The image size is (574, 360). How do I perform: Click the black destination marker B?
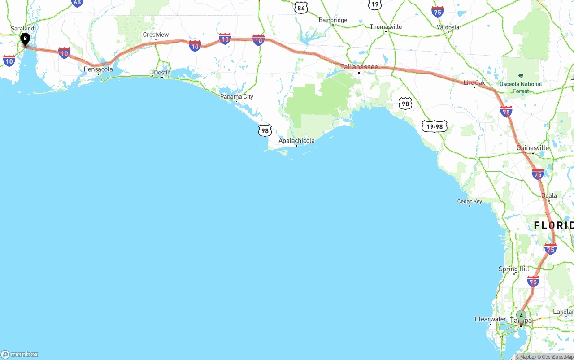26,39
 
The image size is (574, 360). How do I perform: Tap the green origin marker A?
521,316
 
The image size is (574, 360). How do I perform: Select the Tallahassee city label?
359,67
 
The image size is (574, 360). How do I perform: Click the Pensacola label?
98,69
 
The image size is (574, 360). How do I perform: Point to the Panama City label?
236,96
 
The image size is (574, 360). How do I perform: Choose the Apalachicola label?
296,141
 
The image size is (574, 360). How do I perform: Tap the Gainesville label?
533,148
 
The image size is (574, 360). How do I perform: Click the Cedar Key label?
470,201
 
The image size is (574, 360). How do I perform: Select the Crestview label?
156,35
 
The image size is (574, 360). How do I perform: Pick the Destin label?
162,73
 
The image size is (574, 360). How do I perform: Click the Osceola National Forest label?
521,87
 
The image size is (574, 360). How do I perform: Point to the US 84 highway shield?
301,8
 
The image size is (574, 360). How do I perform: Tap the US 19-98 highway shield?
435,126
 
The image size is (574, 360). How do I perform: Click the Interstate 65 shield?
77,3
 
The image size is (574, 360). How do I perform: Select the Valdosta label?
448,27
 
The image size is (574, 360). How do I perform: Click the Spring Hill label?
514,269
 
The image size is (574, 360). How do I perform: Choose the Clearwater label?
490,319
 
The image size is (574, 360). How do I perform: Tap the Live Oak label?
474,83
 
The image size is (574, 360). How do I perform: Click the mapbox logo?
20,354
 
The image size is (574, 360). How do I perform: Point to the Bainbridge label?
333,20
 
